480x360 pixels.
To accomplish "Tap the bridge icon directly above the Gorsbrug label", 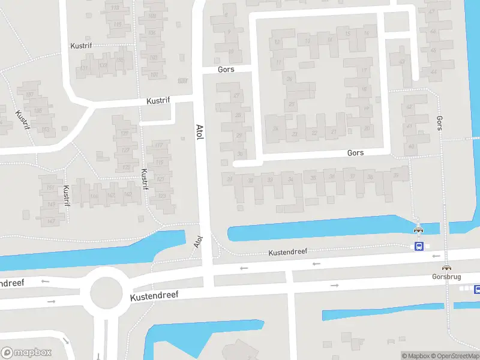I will pyautogui.click(x=446, y=268).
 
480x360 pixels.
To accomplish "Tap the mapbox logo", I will pyautogui.click(x=26, y=353).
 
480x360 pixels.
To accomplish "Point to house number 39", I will pyautogui.click(x=396, y=176).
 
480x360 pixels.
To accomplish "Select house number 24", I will pyautogui.click(x=275, y=128).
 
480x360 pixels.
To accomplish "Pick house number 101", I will pyautogui.click(x=154, y=75).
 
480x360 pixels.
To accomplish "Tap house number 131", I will pyautogui.click(x=84, y=68).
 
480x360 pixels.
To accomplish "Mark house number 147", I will pyautogui.click(x=51, y=221).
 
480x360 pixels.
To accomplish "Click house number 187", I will pyautogui.click(x=29, y=94).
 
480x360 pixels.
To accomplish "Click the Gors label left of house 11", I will pyautogui.click(x=226, y=70).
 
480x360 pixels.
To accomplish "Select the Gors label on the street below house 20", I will pyautogui.click(x=355, y=153).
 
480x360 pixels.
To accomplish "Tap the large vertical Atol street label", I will pyautogui.click(x=199, y=133).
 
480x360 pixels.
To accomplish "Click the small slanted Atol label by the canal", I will pyautogui.click(x=199, y=242).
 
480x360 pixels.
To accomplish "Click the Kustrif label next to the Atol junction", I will pyautogui.click(x=160, y=101).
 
